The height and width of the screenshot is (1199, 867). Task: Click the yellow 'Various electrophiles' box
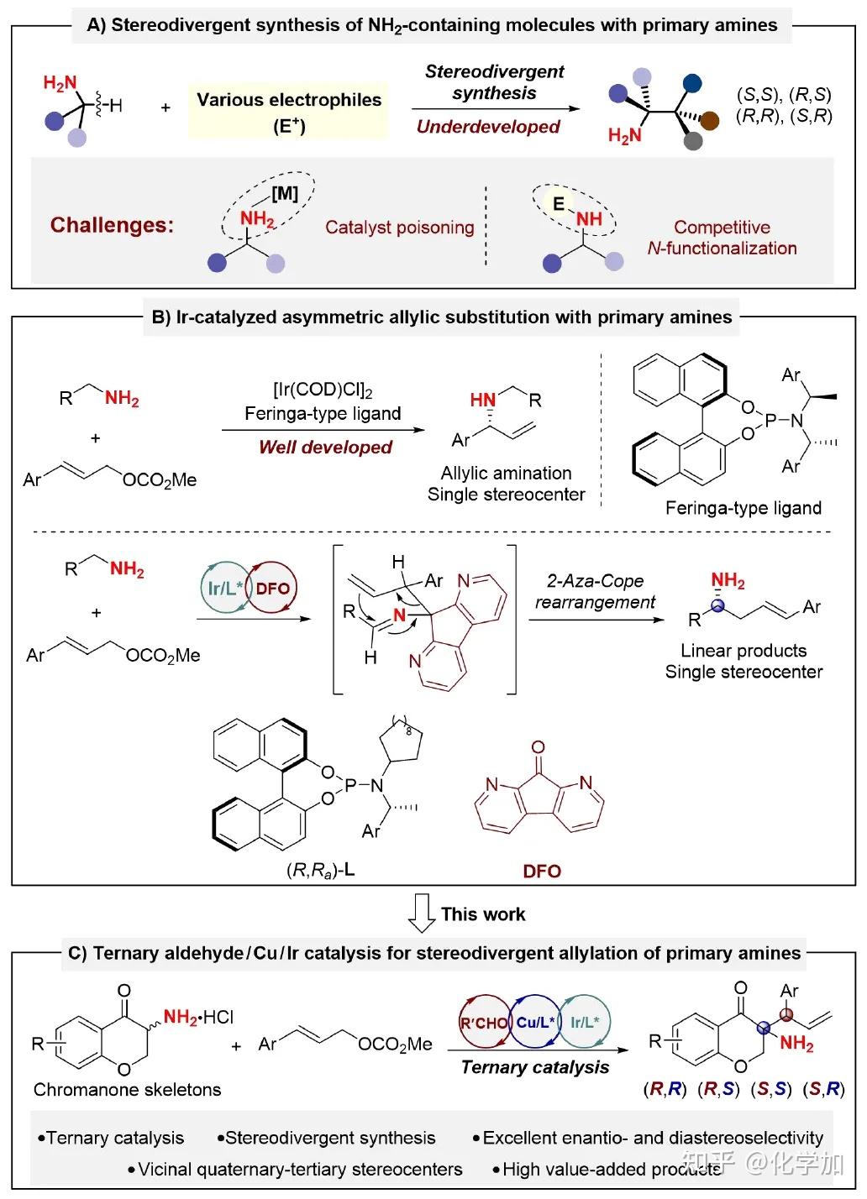288,111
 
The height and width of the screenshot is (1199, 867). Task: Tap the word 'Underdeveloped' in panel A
488,127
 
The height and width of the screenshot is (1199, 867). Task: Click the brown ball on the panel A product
710,120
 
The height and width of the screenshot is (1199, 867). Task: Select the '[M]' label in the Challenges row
284,193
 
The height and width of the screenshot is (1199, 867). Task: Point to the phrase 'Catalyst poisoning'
400,228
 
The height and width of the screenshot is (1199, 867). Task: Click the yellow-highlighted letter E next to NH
558,203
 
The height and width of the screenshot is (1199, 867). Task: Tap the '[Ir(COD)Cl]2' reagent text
323,390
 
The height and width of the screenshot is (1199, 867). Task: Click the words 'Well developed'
325,447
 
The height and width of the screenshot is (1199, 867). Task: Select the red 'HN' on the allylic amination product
482,400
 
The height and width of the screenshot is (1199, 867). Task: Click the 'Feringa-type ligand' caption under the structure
744,507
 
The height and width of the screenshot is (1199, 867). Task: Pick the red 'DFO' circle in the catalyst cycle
272,589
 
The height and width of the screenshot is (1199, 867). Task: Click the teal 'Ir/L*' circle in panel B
225,589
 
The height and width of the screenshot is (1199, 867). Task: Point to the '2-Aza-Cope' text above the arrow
595,581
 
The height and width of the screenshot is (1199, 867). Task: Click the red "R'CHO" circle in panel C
484,1023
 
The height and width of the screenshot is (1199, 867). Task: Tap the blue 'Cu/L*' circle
535,1023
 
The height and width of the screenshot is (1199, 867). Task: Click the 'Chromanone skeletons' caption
128,1089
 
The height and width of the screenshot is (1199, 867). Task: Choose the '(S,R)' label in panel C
823,1089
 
